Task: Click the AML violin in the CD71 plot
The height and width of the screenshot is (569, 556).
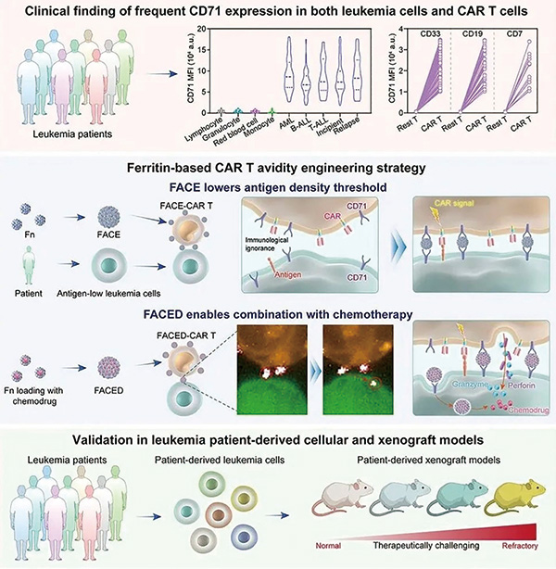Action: [x=288, y=79]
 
